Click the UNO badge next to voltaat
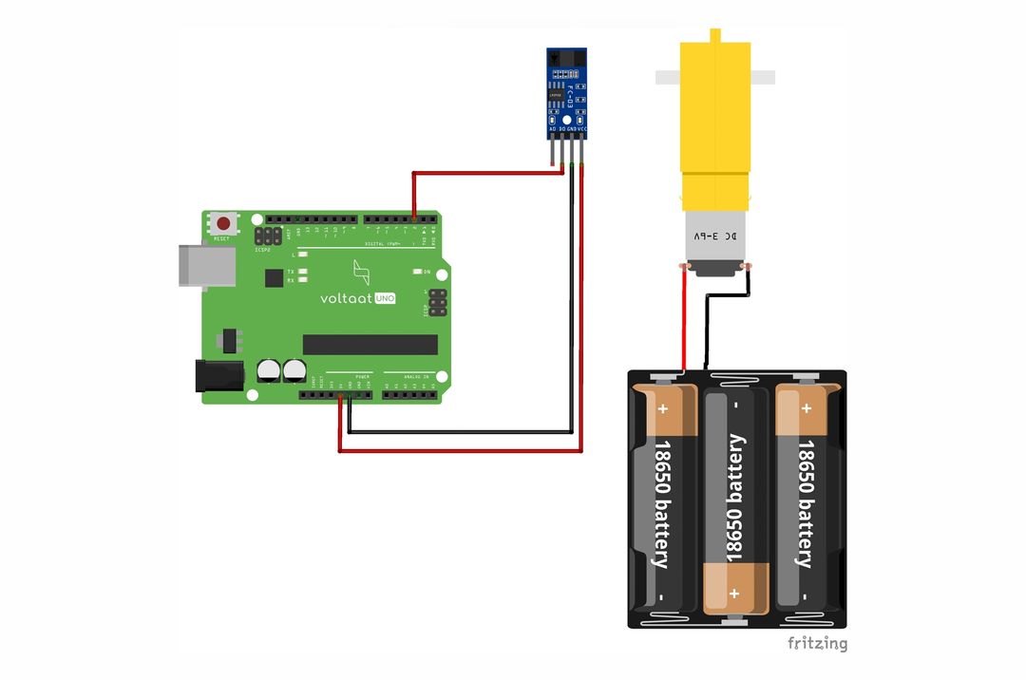(x=384, y=297)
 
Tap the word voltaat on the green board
(x=346, y=297)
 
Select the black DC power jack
(x=213, y=376)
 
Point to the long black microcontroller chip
(x=370, y=344)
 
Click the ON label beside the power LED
(x=427, y=273)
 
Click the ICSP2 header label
(x=263, y=249)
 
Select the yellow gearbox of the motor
(x=716, y=123)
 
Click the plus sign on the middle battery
(x=734, y=593)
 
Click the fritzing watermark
(x=817, y=643)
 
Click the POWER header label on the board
(x=362, y=377)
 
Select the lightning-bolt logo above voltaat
(x=360, y=273)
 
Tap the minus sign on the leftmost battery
(x=661, y=597)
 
